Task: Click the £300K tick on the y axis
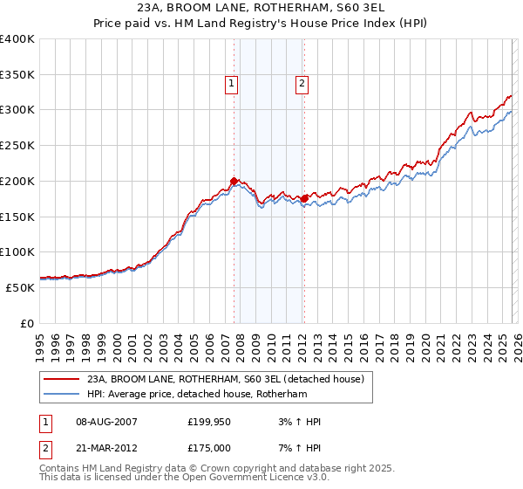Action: pyautogui.click(x=17, y=110)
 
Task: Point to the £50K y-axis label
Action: pyautogui.click(x=21, y=287)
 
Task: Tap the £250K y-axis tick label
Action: pyautogui.click(x=17, y=146)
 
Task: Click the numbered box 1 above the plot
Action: pyautogui.click(x=232, y=84)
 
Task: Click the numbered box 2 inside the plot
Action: pyautogui.click(x=302, y=84)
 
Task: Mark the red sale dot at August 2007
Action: pyautogui.click(x=234, y=182)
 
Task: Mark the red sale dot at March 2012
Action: pyautogui.click(x=304, y=199)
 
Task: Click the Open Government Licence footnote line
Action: pyautogui.click(x=185, y=478)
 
